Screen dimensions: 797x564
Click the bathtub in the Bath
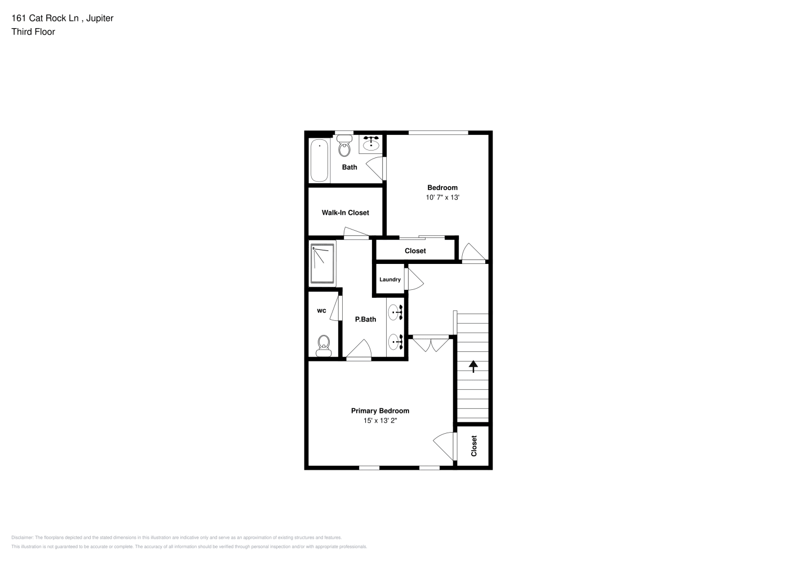(x=319, y=161)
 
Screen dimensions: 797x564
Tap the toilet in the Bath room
(x=344, y=146)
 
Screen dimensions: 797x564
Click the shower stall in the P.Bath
(x=322, y=263)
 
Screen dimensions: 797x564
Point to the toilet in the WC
(x=324, y=346)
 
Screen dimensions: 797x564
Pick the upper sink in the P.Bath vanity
(x=395, y=312)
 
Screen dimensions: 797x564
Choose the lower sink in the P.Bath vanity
(x=395, y=342)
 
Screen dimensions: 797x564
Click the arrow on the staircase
(x=473, y=367)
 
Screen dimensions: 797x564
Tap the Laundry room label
(x=390, y=280)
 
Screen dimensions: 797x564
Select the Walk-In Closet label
(x=345, y=213)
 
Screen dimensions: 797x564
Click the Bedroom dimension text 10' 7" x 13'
(x=442, y=197)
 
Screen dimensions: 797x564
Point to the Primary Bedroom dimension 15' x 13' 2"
(x=380, y=421)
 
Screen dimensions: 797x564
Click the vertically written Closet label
(x=474, y=446)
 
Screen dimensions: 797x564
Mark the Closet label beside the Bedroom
(x=415, y=250)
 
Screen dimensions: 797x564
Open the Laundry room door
(x=414, y=279)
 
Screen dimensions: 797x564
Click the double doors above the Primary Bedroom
(x=431, y=343)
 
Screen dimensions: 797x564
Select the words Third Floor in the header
(x=33, y=32)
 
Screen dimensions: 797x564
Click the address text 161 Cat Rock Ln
(x=45, y=18)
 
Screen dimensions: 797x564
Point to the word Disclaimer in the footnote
(x=23, y=537)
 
